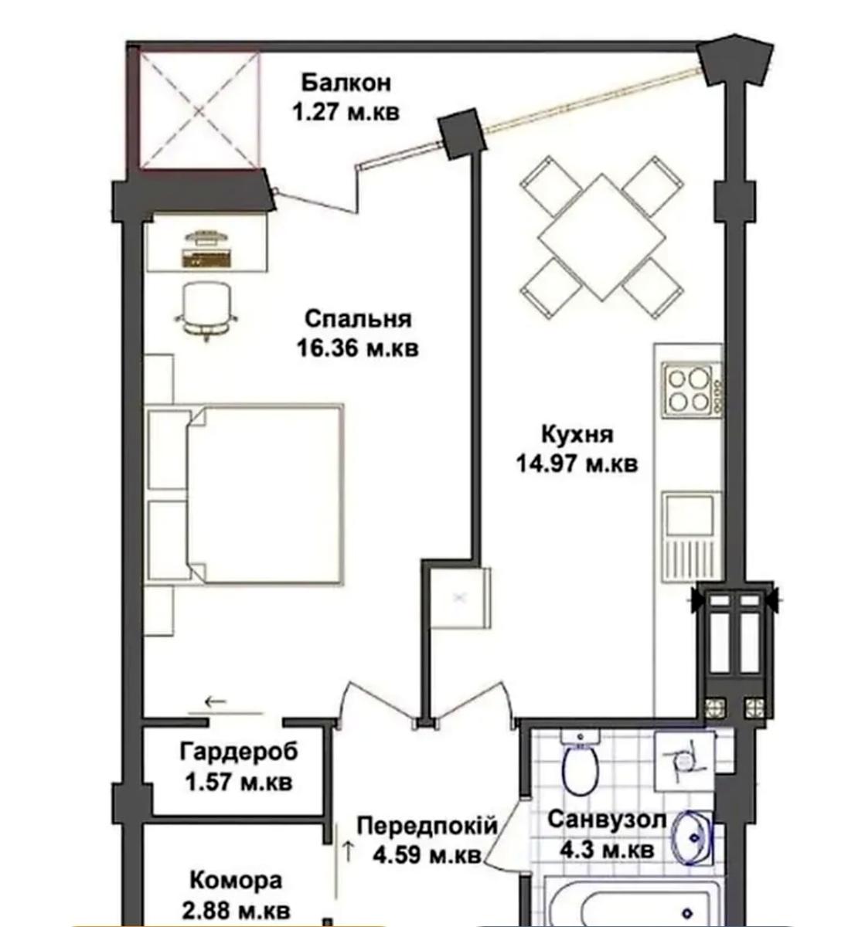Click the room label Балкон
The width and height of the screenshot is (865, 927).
click(346, 83)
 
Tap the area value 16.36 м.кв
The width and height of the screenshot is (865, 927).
click(357, 348)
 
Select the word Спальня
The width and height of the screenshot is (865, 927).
click(358, 320)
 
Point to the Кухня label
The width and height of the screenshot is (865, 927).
click(577, 435)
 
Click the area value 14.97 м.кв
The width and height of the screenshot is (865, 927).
click(577, 463)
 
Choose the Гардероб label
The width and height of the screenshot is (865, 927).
click(238, 753)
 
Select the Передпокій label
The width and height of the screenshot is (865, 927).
click(427, 827)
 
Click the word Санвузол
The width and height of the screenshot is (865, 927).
click(607, 820)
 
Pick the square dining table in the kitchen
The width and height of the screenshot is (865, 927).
click(601, 237)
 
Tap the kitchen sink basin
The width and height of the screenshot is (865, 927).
click(690, 514)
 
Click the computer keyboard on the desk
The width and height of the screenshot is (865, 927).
click(206, 258)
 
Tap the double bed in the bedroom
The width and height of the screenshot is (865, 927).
click(244, 494)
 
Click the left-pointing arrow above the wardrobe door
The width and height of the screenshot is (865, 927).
click(216, 701)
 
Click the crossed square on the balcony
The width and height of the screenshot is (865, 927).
click(200, 110)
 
